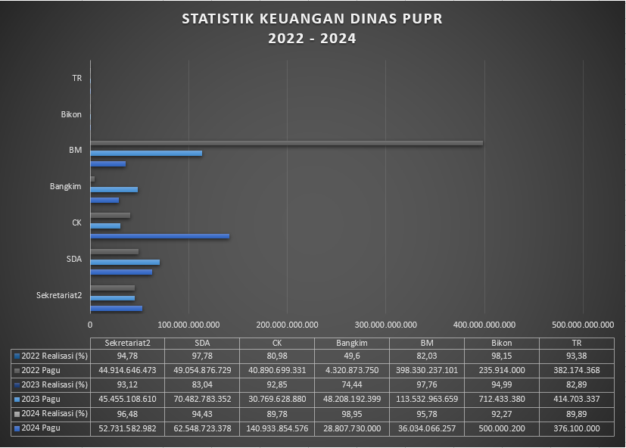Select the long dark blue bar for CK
160,236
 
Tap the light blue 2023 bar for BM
146,153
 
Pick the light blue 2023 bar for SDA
125,262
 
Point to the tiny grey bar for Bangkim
92,179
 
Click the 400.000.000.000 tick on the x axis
484,325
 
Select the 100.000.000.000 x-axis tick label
189,325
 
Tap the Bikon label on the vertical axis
71,115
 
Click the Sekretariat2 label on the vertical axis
59,295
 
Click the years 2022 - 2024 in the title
312,39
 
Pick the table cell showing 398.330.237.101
427,370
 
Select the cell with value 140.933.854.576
277,428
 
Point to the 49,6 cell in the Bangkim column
352,356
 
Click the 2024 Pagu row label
42,428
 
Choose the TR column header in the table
577,342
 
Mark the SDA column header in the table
202,342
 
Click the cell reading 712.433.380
502,399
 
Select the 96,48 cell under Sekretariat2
127,414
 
